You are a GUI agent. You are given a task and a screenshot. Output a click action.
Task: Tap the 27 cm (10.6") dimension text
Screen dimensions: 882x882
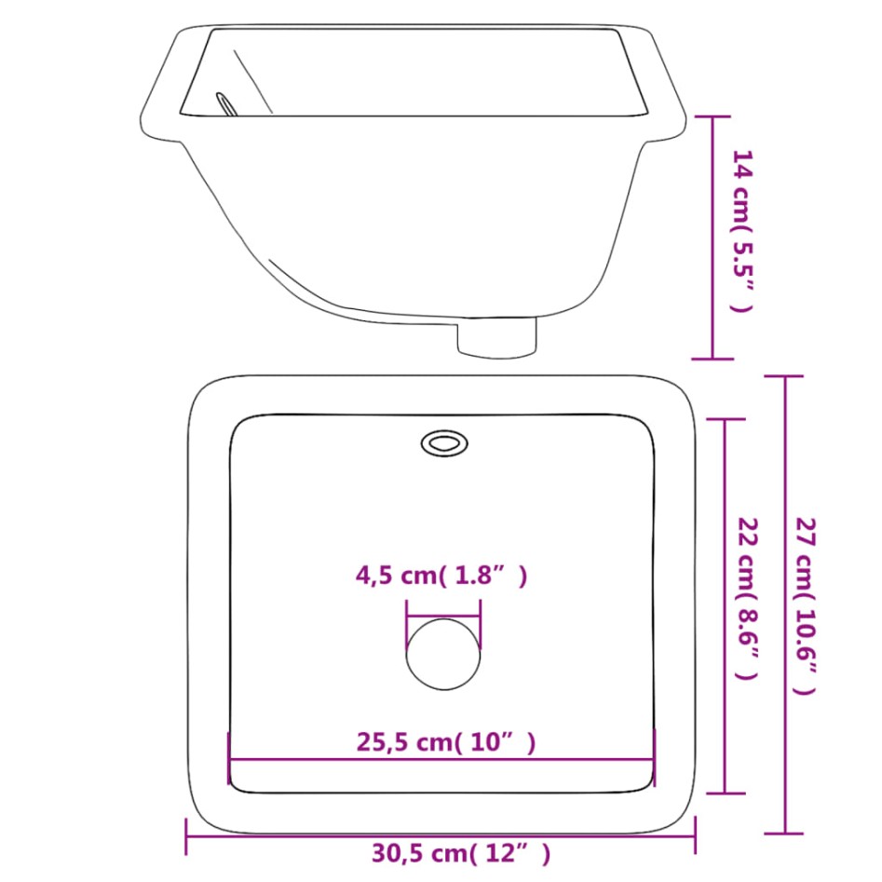(x=807, y=606)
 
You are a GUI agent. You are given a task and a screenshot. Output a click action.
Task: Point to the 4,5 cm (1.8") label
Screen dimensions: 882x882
(x=441, y=576)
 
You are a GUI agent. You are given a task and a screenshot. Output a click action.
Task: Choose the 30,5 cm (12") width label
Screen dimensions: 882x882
(x=461, y=852)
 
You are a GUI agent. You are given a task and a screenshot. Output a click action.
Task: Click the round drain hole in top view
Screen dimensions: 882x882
(x=443, y=654)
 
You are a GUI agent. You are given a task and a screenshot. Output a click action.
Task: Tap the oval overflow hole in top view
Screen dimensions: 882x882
(x=443, y=442)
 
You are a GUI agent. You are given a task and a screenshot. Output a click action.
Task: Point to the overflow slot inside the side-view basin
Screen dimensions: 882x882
(x=226, y=104)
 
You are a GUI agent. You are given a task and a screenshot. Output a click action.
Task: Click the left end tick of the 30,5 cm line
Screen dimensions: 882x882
(x=187, y=836)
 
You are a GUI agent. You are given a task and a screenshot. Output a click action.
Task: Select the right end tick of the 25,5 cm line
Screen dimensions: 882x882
(x=655, y=758)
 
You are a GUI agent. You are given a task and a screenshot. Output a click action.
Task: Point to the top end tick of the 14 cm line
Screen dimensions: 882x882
(x=713, y=116)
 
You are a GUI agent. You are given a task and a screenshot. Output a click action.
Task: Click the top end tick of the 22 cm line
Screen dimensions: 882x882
(x=726, y=420)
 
